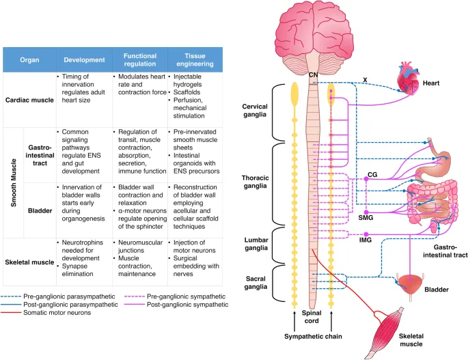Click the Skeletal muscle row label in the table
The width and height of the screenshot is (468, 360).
pyautogui.click(x=32, y=243)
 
